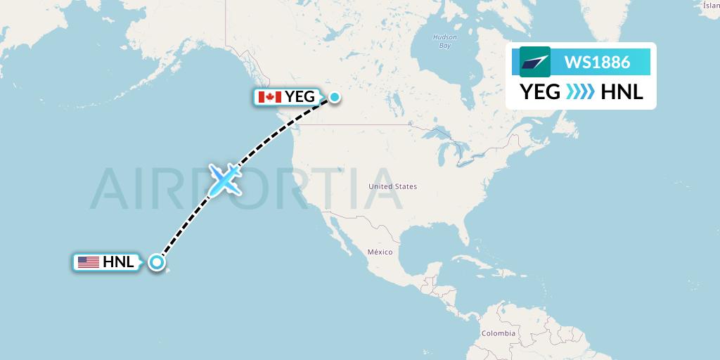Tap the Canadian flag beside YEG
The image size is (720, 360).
click(269, 97)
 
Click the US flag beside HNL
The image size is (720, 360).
click(88, 263)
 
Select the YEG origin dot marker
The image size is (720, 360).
click(335, 97)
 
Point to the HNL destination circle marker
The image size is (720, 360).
click(157, 263)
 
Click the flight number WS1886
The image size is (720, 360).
click(597, 62)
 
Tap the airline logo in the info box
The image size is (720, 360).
click(534, 62)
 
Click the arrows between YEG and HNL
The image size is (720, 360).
click(579, 92)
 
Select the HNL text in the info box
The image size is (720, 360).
click(622, 92)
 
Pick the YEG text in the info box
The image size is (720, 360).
click(540, 92)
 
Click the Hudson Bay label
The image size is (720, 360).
click(444, 41)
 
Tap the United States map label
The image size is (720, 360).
click(393, 186)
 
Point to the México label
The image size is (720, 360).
click(379, 252)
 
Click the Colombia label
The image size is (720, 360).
click(498, 333)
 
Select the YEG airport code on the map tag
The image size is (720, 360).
click(300, 97)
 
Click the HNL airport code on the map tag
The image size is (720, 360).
click(118, 263)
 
